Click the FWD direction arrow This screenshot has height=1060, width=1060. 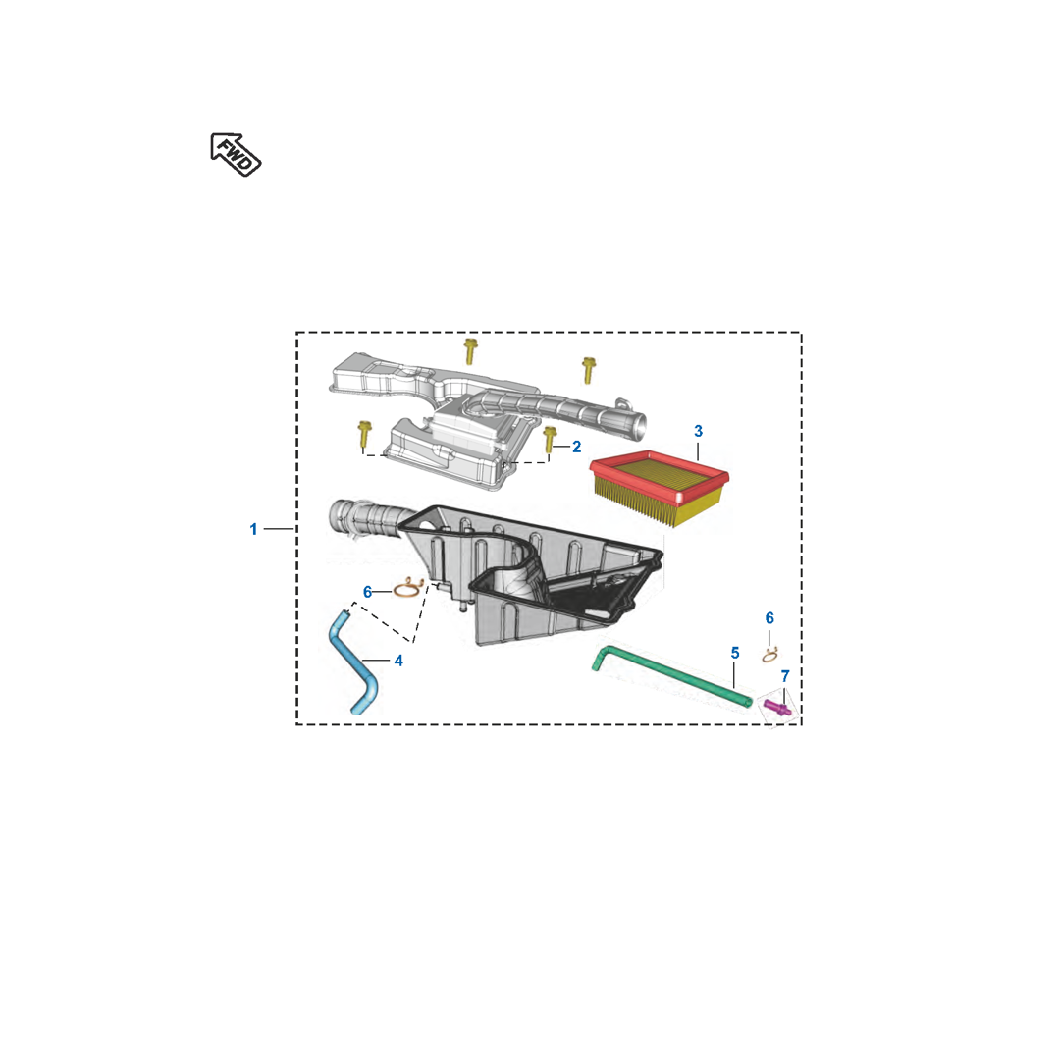[236, 155]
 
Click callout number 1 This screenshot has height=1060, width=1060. [253, 529]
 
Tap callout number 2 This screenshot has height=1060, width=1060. [577, 447]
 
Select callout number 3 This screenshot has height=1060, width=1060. [699, 431]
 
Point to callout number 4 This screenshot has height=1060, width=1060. [398, 661]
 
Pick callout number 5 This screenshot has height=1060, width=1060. [735, 653]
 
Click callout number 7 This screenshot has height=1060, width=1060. [785, 676]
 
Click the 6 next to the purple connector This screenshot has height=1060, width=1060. [769, 618]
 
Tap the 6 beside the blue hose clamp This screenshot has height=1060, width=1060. [368, 592]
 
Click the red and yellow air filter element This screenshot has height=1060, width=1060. [660, 487]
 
